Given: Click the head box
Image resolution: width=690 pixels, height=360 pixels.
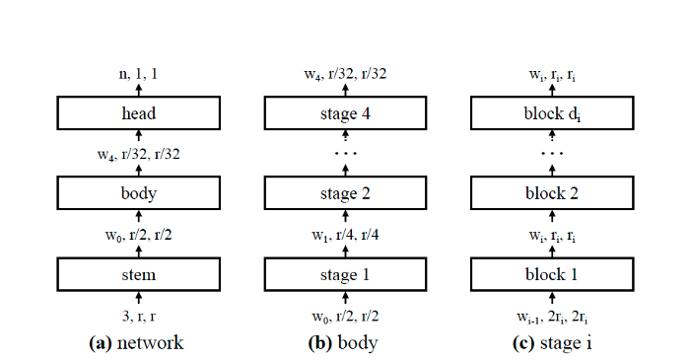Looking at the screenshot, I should [x=139, y=112].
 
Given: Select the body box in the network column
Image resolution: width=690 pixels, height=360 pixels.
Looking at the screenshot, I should [x=139, y=192].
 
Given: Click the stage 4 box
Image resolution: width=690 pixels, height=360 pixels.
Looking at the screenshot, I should [x=346, y=112].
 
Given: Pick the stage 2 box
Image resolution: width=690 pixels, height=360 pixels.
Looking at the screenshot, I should [x=346, y=192].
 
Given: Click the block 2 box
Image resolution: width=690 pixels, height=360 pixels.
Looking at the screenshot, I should [x=553, y=192].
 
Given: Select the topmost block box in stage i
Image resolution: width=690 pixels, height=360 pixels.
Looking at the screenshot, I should [x=553, y=112].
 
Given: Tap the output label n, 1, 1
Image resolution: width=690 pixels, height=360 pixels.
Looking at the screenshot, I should [x=139, y=73].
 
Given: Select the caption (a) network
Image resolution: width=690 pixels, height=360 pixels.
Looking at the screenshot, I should [x=139, y=342].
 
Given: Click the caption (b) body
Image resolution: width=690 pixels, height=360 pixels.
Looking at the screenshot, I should [x=346, y=342].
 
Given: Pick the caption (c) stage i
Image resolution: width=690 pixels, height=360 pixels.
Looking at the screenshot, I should [x=553, y=342].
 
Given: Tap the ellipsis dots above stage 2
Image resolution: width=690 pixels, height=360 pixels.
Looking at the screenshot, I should [x=346, y=156].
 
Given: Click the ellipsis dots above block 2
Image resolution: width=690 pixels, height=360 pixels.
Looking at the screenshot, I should [x=553, y=156].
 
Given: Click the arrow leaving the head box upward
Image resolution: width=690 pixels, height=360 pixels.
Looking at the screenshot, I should [x=139, y=89].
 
